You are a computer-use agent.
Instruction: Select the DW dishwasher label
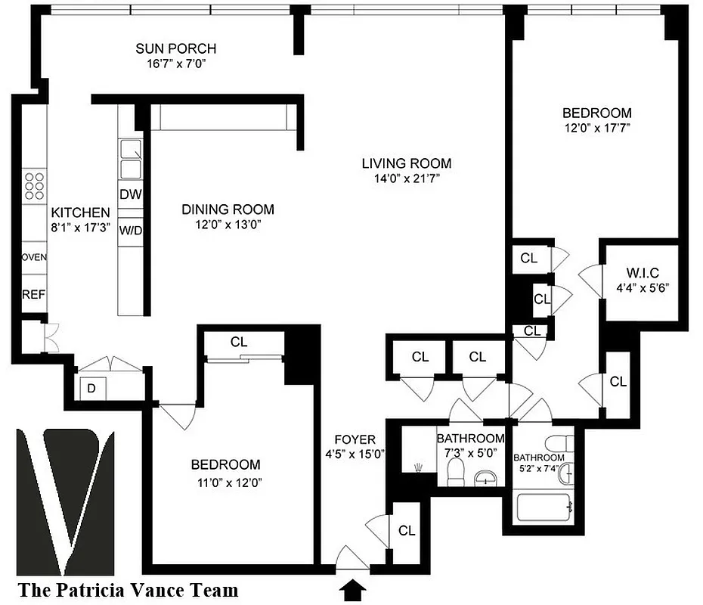pos(131,194)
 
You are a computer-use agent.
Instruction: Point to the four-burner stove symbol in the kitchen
pos(34,185)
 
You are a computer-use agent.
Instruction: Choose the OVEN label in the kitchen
pos(34,257)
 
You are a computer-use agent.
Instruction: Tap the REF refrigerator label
pos(33,294)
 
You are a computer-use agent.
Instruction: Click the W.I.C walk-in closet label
pos(643,273)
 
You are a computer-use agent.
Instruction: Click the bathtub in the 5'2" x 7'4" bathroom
pos(543,507)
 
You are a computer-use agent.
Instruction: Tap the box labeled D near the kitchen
pos(92,388)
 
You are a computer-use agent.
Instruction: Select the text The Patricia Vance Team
pos(128,590)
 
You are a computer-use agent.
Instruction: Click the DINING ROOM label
pos(227,209)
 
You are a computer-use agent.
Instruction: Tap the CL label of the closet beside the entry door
pos(407,531)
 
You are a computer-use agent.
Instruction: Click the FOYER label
pos(355,439)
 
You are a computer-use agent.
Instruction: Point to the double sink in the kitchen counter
pos(131,157)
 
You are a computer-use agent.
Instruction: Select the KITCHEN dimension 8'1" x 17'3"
pos(79,227)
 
